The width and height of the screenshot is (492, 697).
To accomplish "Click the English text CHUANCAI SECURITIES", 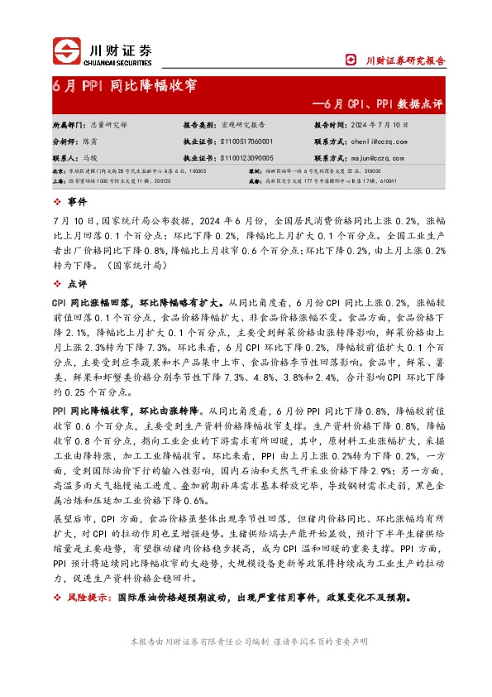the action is point(121,62).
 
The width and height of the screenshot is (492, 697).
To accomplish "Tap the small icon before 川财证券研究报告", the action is point(351,60).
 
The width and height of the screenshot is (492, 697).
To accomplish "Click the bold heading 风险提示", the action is point(84,597).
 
